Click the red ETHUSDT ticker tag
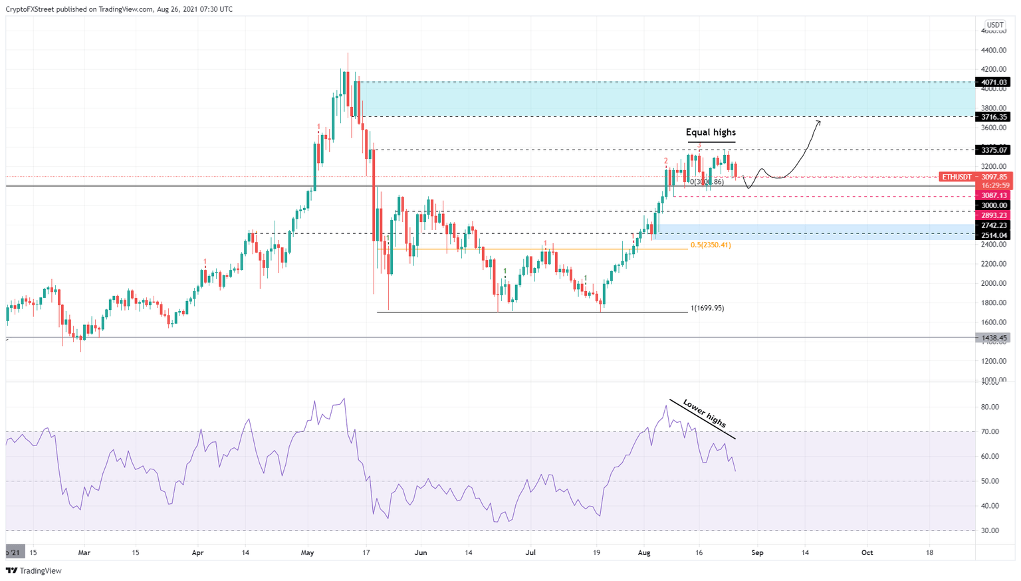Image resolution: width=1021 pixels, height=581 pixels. coord(957,177)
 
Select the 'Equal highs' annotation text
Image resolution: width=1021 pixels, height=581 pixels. coord(711,132)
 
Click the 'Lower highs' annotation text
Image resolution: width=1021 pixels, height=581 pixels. coord(705,413)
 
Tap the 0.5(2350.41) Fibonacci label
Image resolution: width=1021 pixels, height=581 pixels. coord(710,245)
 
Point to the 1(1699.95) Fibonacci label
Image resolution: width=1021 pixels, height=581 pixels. coord(707,308)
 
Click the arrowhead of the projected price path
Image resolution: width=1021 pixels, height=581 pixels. coord(818,121)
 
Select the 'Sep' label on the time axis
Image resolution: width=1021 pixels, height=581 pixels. coord(757,552)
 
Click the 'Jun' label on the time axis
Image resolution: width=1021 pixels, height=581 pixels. coord(420,552)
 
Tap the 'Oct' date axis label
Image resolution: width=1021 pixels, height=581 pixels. coord(867,552)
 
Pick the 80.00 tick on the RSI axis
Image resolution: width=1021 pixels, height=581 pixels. coord(990,407)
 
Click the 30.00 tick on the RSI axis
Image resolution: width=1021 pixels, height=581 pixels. coord(990,530)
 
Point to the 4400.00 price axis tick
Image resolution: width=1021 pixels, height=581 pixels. coord(993,51)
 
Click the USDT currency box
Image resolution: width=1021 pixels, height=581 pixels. coord(994,25)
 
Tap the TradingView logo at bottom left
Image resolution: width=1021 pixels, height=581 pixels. coord(34,570)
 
